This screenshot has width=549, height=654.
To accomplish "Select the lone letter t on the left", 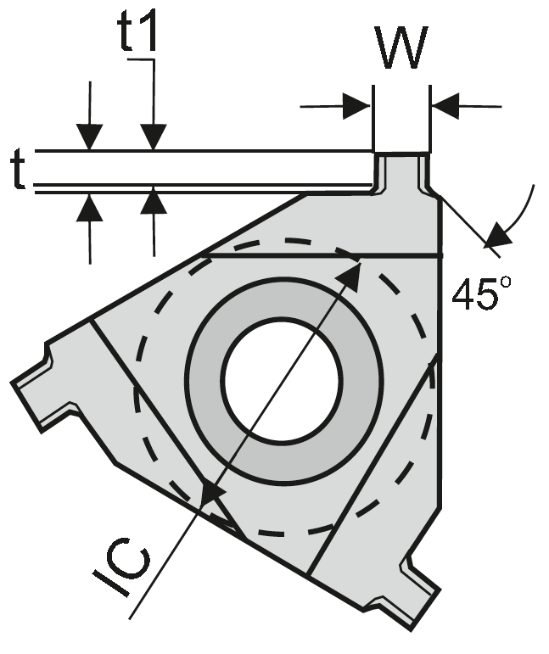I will click(x=18, y=170).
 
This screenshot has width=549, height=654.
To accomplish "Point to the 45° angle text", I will click(x=481, y=293).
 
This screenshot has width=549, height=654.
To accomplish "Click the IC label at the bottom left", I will click(x=124, y=569).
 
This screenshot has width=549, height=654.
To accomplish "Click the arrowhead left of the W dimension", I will click(x=356, y=107).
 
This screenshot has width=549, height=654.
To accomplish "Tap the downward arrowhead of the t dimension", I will click(x=89, y=137).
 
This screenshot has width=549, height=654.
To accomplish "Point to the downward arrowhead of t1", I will click(x=154, y=137).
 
